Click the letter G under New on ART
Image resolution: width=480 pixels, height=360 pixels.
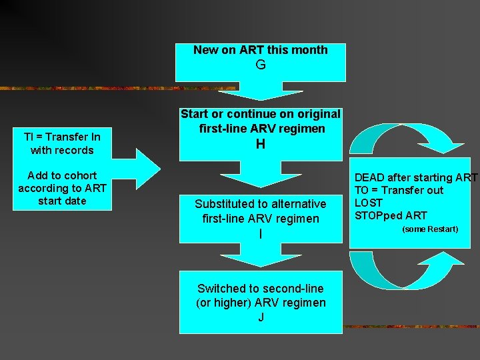(x=261, y=65)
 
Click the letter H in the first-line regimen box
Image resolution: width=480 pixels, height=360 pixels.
(x=261, y=143)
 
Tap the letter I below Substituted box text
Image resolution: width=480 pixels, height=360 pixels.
(x=261, y=234)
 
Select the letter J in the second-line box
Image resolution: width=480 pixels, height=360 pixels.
(x=261, y=317)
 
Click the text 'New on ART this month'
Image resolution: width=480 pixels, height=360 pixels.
(x=261, y=49)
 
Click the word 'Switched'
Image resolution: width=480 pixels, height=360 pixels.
(x=222, y=289)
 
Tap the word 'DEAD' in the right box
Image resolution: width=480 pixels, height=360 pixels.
(x=369, y=177)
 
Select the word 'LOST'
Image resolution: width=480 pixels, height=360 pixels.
(x=369, y=203)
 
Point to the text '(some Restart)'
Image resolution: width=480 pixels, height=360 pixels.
(x=429, y=229)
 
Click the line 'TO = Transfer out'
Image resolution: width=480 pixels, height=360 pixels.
(x=399, y=190)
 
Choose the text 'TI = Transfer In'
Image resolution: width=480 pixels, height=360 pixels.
(x=62, y=137)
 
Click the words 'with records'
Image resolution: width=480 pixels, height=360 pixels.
(x=62, y=150)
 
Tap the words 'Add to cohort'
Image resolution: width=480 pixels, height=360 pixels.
(x=62, y=175)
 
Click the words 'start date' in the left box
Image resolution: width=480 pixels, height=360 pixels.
(x=62, y=201)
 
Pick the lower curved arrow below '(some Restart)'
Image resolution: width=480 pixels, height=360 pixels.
(x=400, y=270)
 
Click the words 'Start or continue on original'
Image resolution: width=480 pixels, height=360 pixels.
(x=261, y=114)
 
